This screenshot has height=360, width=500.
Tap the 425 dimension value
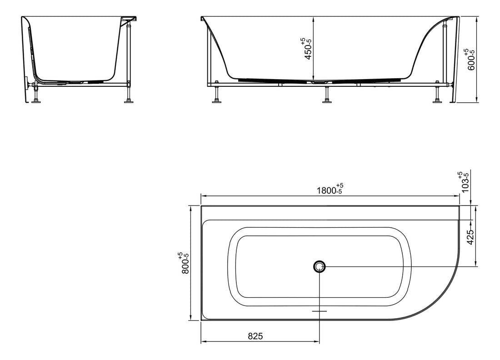point(470,236)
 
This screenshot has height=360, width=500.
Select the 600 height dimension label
point(471,59)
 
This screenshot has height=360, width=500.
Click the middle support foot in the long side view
point(326,101)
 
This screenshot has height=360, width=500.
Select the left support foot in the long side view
point(217,101)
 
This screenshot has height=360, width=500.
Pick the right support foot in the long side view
point(437,101)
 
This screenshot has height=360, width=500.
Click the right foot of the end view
point(129,101)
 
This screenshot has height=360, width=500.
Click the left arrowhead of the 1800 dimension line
point(203,196)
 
